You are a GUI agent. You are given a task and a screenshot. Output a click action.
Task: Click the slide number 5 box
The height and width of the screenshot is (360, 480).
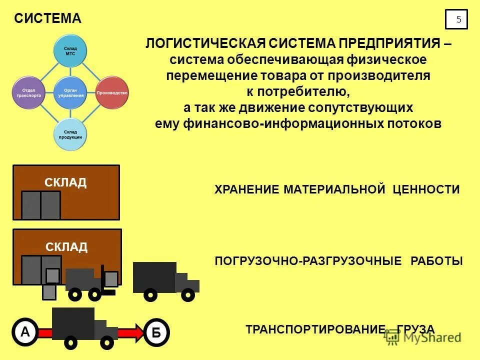tap(456, 19)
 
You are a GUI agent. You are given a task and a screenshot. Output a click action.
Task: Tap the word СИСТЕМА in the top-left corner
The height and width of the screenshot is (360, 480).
tap(47, 19)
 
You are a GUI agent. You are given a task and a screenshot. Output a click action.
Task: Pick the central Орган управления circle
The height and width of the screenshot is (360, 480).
tap(70, 93)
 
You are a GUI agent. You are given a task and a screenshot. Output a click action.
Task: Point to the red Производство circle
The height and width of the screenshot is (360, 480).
tap(112, 93)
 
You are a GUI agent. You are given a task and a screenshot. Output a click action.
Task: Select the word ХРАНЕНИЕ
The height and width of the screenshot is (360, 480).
tap(247, 189)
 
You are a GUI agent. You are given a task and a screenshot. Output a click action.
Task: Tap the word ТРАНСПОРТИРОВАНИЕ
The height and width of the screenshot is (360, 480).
tap(315, 329)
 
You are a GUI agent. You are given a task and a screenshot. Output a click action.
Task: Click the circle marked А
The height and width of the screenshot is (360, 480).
tap(24, 332)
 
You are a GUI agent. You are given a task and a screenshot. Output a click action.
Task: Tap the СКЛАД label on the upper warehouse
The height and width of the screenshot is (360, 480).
tap(65, 182)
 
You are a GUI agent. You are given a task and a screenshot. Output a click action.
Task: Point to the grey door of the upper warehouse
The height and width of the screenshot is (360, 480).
tap(40, 205)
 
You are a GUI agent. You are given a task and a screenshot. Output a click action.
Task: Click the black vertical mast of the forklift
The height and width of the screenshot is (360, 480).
tap(102, 277)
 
